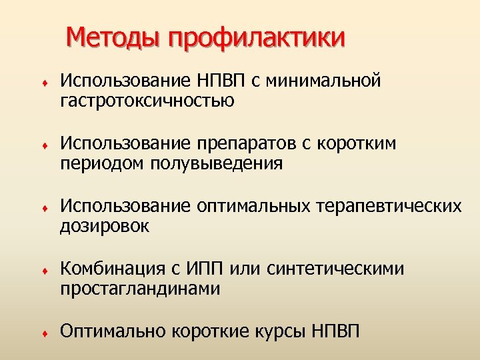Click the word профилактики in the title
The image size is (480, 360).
pyautogui.click(x=257, y=39)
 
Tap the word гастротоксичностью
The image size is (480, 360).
pyautogui.click(x=147, y=101)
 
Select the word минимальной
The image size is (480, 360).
pyautogui.click(x=323, y=81)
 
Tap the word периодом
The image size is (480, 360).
pyautogui.click(x=102, y=164)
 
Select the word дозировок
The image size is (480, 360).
pyautogui.click(x=105, y=226)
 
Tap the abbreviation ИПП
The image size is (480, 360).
pyautogui.click(x=204, y=269)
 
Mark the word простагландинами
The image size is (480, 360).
pyautogui.click(x=139, y=289)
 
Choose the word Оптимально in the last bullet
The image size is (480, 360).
pyautogui.click(x=113, y=331)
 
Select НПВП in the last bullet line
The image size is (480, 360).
pyautogui.click(x=334, y=331)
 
